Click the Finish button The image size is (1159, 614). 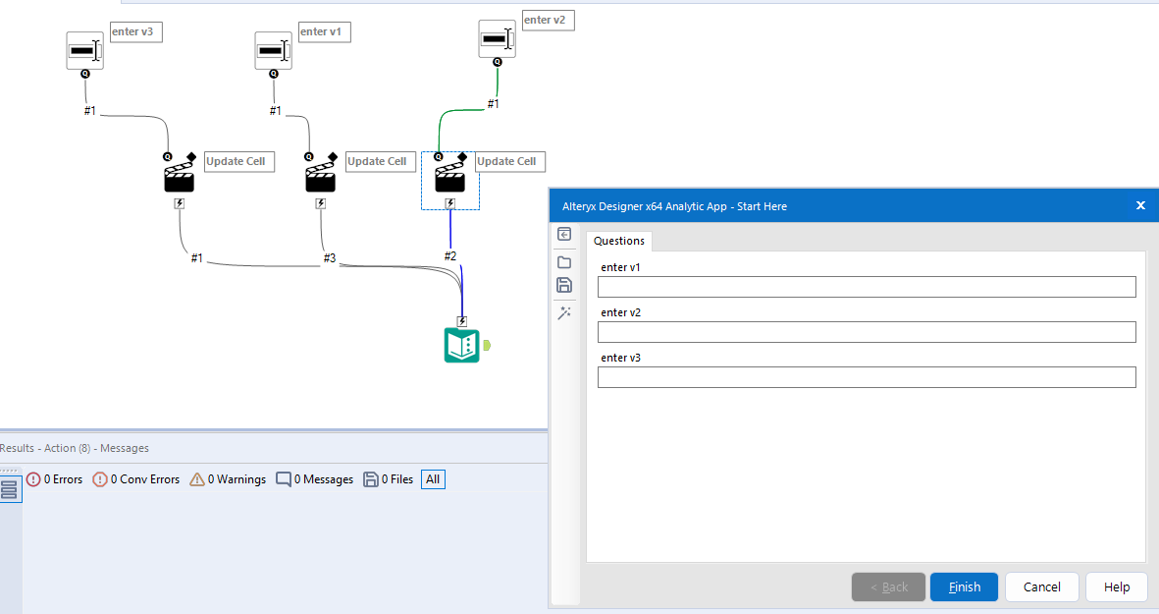[x=964, y=586]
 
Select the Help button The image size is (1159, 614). [x=1117, y=586]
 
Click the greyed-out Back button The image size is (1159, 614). [x=888, y=586]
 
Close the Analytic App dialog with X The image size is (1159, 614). [x=1140, y=205]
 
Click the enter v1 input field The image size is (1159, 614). [x=867, y=287]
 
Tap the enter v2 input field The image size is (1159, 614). [x=867, y=332]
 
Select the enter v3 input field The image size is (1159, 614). [x=867, y=377]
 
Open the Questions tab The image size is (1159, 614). [x=619, y=241]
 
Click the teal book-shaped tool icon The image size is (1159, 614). [x=461, y=346]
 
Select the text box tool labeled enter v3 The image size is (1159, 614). [x=84, y=50]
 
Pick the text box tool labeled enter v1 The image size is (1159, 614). [x=273, y=50]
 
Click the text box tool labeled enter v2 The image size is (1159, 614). [x=497, y=39]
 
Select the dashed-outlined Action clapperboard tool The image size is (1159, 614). [x=449, y=178]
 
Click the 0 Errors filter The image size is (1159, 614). [x=55, y=479]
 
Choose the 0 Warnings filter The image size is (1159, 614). [x=228, y=479]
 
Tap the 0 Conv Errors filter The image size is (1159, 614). [x=136, y=479]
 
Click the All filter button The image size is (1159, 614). [x=433, y=479]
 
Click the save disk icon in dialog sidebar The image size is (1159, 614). [x=564, y=285]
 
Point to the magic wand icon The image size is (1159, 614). [x=564, y=312]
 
